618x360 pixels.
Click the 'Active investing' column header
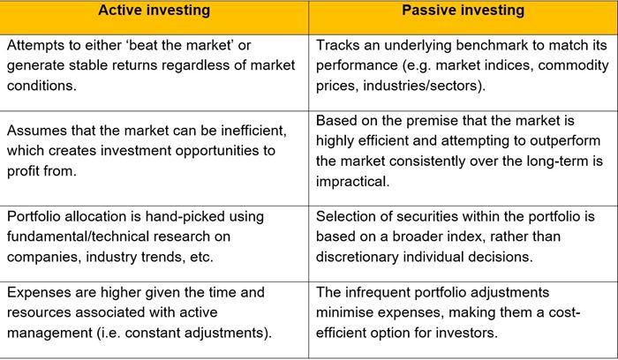pyautogui.click(x=154, y=11)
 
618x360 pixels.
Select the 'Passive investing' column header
pyautogui.click(x=463, y=11)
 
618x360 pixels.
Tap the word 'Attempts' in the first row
pyautogui.click(x=36, y=45)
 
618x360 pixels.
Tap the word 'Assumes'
pyautogui.click(x=37, y=131)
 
